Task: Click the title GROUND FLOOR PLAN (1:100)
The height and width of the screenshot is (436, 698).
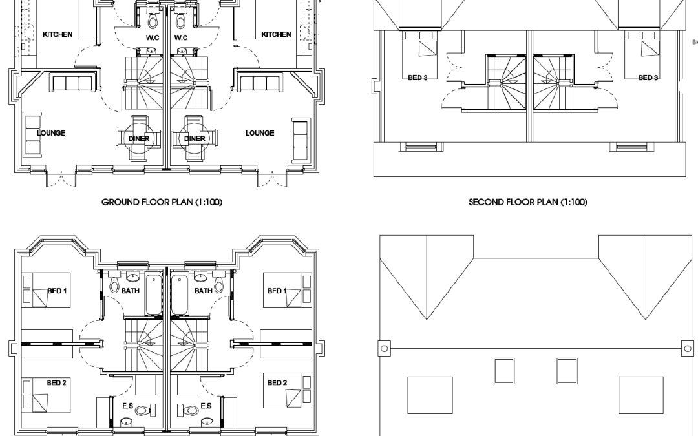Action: click(x=162, y=202)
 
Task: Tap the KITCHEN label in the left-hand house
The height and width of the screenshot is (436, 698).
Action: click(x=58, y=34)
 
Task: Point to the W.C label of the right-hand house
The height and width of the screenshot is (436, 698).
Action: click(x=181, y=37)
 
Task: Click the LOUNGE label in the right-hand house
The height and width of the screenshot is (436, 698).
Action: click(x=259, y=133)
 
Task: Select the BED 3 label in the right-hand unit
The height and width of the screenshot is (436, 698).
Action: click(x=648, y=78)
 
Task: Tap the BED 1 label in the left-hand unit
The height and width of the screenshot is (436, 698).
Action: click(x=57, y=291)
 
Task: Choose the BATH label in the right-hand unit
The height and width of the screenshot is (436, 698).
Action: click(x=203, y=291)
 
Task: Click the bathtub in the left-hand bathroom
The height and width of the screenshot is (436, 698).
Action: click(x=155, y=295)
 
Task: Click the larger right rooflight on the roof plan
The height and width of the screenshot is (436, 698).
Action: click(x=641, y=395)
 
